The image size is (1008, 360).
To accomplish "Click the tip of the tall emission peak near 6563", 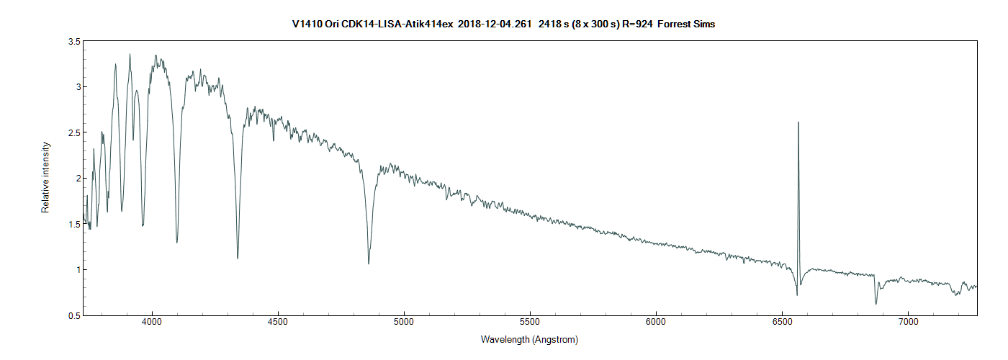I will tap(798, 122).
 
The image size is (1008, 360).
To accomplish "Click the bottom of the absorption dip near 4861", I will tap(369, 264).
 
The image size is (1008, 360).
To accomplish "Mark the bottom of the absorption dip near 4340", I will tap(238, 258).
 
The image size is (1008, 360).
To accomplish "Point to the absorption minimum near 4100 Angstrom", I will tap(177, 243).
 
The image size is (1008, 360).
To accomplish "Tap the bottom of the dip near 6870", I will tap(876, 304).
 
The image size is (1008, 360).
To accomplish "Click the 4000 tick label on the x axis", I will tap(152, 325).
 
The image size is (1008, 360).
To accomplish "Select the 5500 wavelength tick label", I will tap(530, 325).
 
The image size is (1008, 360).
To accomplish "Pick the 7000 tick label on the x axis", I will tap(908, 325).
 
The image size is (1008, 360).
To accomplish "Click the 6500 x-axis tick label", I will tap(782, 325).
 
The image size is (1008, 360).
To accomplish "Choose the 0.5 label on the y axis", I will tap(73, 315).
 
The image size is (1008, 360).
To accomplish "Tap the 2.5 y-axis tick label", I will tap(73, 133).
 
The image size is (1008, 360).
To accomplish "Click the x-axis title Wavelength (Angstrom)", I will tap(529, 339).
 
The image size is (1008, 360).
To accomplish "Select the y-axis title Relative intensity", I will tap(45, 177).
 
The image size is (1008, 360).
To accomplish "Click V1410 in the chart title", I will tap(307, 24).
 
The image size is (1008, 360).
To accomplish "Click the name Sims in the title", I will tap(703, 24).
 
